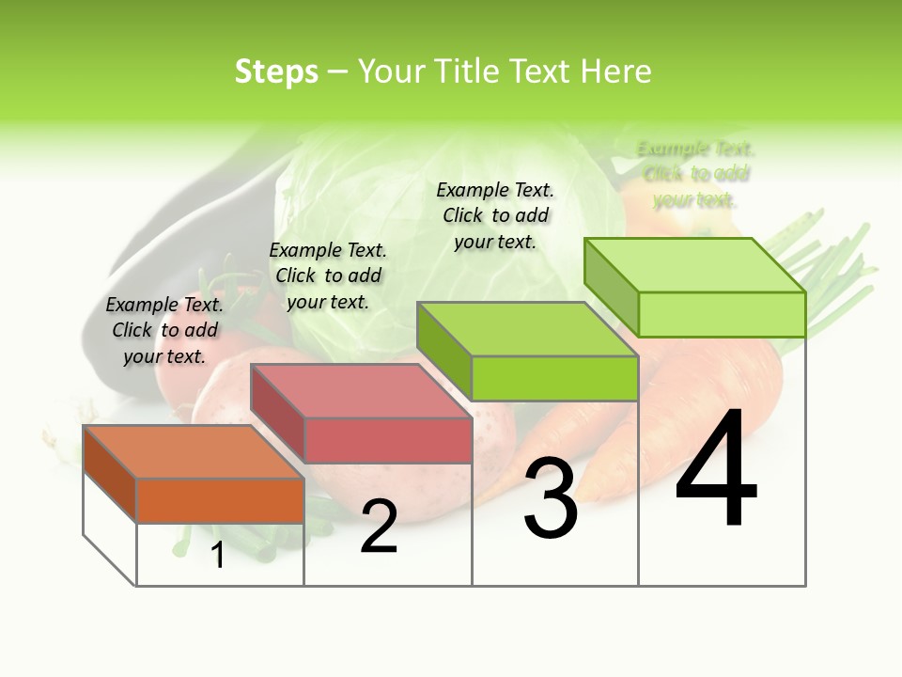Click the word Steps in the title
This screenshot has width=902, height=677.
276,71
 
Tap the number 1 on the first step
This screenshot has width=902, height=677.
218,555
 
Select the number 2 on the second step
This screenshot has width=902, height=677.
379,527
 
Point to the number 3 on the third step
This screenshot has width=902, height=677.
551,498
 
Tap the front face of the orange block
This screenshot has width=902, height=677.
220,500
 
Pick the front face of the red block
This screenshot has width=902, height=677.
387,440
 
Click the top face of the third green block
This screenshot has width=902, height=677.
526,329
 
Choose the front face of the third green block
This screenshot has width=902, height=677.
554,378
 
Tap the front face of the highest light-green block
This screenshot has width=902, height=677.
722,314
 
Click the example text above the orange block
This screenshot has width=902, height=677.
164,330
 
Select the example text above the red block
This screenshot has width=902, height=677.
328,276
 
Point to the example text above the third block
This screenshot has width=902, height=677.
495,215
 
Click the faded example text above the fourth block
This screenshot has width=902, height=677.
695,174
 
